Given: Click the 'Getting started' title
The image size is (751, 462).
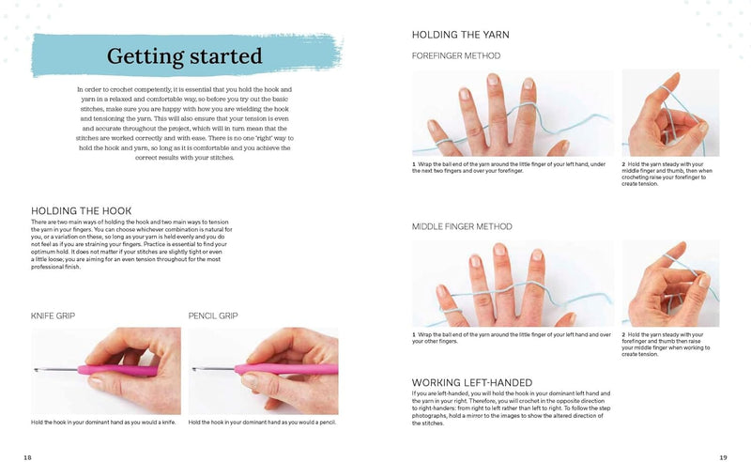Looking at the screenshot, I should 186,55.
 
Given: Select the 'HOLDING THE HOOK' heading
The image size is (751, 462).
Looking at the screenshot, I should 82,210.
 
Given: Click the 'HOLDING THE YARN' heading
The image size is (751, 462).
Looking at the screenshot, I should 461,35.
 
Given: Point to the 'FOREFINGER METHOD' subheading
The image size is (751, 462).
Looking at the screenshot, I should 456,55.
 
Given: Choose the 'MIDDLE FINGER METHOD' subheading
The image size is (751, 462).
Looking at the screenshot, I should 462,226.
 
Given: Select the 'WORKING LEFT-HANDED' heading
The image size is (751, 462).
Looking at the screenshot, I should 473,382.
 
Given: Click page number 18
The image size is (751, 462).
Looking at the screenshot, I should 27,456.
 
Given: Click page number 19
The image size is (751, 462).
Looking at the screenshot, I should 723,456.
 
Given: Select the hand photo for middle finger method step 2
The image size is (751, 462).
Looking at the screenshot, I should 670,284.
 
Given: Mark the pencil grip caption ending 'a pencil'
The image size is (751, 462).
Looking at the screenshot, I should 263,423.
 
